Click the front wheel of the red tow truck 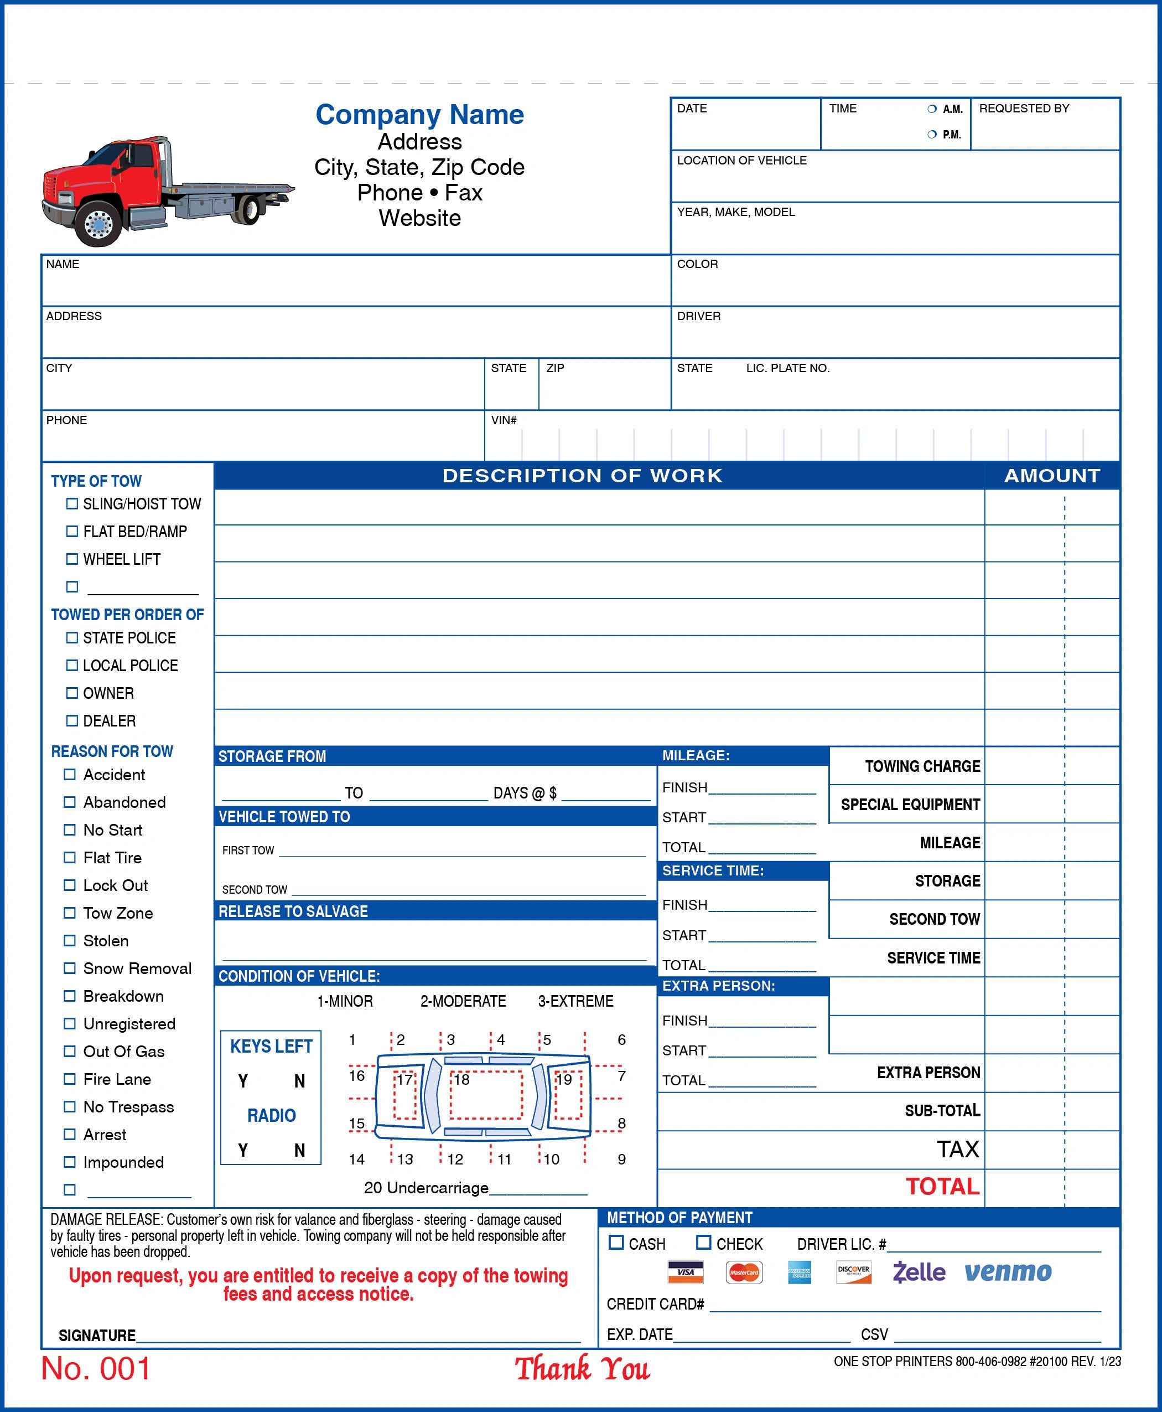(98, 223)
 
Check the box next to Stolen (70, 940)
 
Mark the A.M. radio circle (932, 109)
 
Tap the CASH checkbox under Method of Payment (616, 1243)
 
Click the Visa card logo (686, 1272)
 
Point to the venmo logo (1008, 1271)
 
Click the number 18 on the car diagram (462, 1080)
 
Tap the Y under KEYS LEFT (243, 1081)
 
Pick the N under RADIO (299, 1150)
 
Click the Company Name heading (419, 115)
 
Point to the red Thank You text (582, 1368)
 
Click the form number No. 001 (96, 1368)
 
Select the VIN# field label (504, 420)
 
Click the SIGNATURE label (97, 1335)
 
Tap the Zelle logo (919, 1271)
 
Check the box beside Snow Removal (70, 968)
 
